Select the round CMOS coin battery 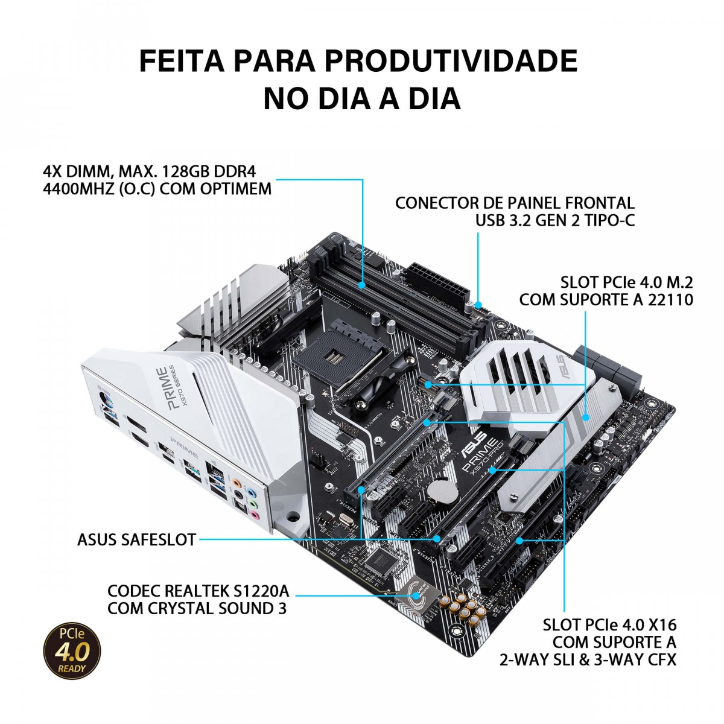tap(448, 490)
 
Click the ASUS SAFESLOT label tap(136, 539)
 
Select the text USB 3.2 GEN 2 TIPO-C tap(555, 221)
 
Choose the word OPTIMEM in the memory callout tap(237, 189)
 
